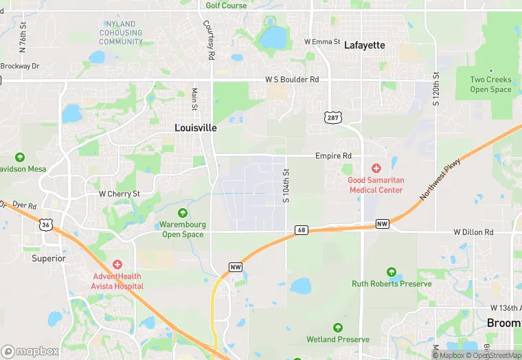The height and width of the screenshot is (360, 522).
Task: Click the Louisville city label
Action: [196, 128]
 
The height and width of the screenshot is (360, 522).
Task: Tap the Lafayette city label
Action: [364, 45]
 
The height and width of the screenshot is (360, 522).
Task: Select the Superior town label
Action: [49, 258]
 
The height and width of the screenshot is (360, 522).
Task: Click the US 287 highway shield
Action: [332, 118]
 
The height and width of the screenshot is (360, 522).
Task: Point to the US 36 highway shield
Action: [45, 225]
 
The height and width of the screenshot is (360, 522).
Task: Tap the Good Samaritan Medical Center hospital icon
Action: [376, 168]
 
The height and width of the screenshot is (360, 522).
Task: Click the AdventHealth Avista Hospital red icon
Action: [117, 265]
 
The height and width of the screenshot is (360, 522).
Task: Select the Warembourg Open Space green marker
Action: [183, 213]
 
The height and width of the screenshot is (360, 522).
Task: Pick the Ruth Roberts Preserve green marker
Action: [391, 272]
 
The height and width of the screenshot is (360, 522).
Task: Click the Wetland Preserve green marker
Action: [337, 328]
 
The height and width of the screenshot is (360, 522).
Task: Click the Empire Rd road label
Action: [333, 156]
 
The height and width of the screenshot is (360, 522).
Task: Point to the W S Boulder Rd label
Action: [293, 80]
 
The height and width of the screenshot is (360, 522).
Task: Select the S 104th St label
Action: [286, 186]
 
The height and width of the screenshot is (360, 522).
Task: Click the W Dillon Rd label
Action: [473, 232]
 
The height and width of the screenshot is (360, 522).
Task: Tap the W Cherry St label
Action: [120, 194]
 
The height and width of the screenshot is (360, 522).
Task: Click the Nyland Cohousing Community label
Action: [121, 32]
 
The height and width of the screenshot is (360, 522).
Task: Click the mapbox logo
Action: [30, 351]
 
